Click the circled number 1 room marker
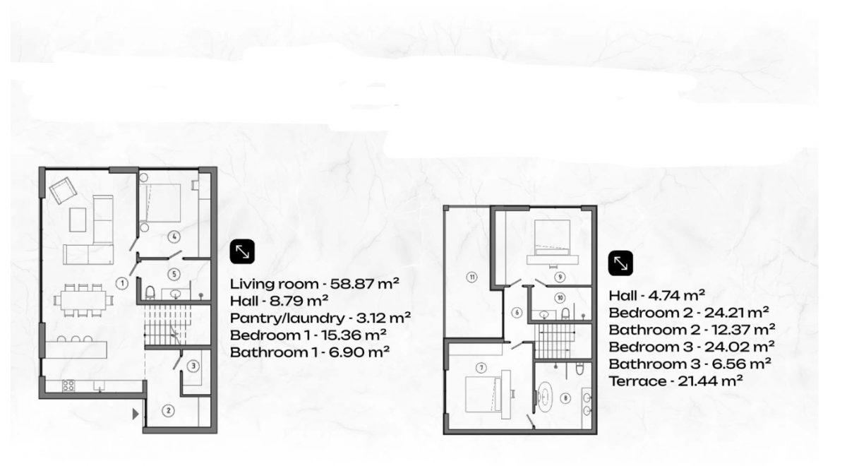pos(121,283)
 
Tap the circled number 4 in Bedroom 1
pos(174,237)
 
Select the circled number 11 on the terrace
pos(471,277)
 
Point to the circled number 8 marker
pos(565,398)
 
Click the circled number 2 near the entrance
pos(168,411)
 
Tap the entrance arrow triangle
pos(136,414)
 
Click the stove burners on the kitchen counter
pos(68,386)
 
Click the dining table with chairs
pos(83,300)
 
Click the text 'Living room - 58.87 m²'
pos(315,284)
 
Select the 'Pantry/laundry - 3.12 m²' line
pos(320,318)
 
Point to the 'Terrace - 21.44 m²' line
pos(675,381)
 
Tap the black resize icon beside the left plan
pos(242,251)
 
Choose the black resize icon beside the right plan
pos(620,263)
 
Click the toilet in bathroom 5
pos(150,292)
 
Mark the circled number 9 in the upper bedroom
pos(560,277)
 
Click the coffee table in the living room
pos(78,220)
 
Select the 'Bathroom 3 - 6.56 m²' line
pos(690,364)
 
